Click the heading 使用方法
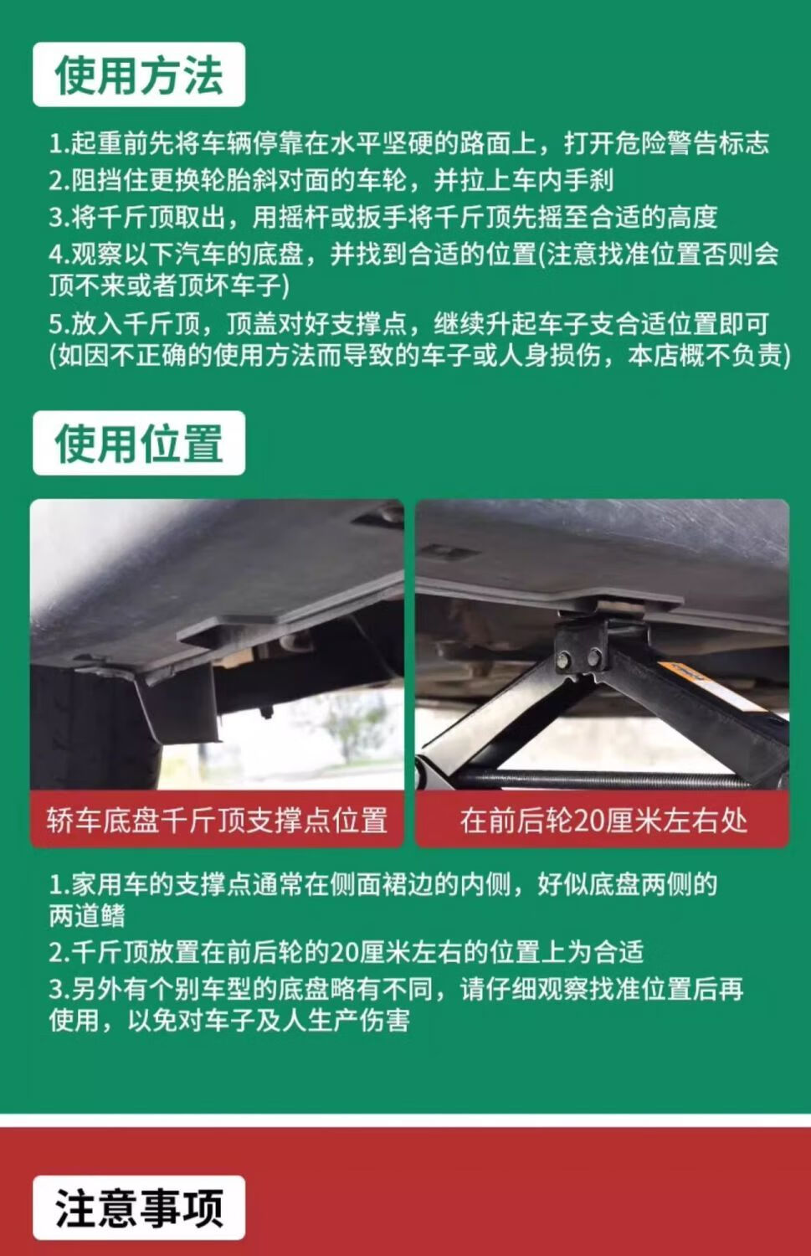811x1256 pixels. tap(138, 75)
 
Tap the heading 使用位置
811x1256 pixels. tap(138, 444)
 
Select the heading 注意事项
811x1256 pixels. tap(138, 1209)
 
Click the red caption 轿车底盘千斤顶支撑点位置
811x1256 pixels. tap(217, 821)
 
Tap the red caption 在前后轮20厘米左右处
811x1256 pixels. tap(603, 821)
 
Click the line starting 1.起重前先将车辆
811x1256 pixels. tap(408, 143)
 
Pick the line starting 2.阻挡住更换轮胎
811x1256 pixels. tap(331, 180)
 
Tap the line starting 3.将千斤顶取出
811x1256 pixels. tap(383, 217)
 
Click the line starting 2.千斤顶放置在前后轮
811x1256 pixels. tap(346, 952)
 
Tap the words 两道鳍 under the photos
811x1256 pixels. tap(87, 916)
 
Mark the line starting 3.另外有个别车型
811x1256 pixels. tap(396, 989)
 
